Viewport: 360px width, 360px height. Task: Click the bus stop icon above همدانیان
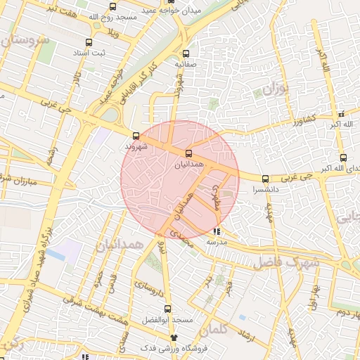click(x=188, y=153)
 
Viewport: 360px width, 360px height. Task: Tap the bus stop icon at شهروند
click(x=136, y=136)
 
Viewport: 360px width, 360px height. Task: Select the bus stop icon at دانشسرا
click(x=265, y=179)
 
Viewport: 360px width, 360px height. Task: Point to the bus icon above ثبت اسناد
click(x=88, y=42)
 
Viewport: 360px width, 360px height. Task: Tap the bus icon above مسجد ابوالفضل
click(x=167, y=309)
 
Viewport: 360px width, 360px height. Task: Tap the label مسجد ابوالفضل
click(x=171, y=320)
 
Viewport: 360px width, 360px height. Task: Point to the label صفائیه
click(x=186, y=64)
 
